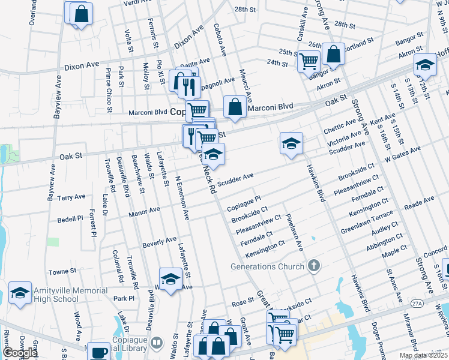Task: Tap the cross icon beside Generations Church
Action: pyautogui.click(x=312, y=266)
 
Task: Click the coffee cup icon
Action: pyautogui.click(x=99, y=353)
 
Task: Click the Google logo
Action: pyautogui.click(x=20, y=353)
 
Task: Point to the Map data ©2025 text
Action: pyautogui.click(x=423, y=356)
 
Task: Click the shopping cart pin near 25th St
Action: pyautogui.click(x=309, y=61)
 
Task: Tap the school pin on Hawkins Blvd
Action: pyautogui.click(x=291, y=144)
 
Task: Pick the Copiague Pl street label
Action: pyautogui.click(x=244, y=203)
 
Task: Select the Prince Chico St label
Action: pyautogui.click(x=109, y=90)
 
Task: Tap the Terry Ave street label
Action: pyautogui.click(x=71, y=197)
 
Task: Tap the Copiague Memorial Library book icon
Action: pyautogui.click(x=157, y=343)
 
